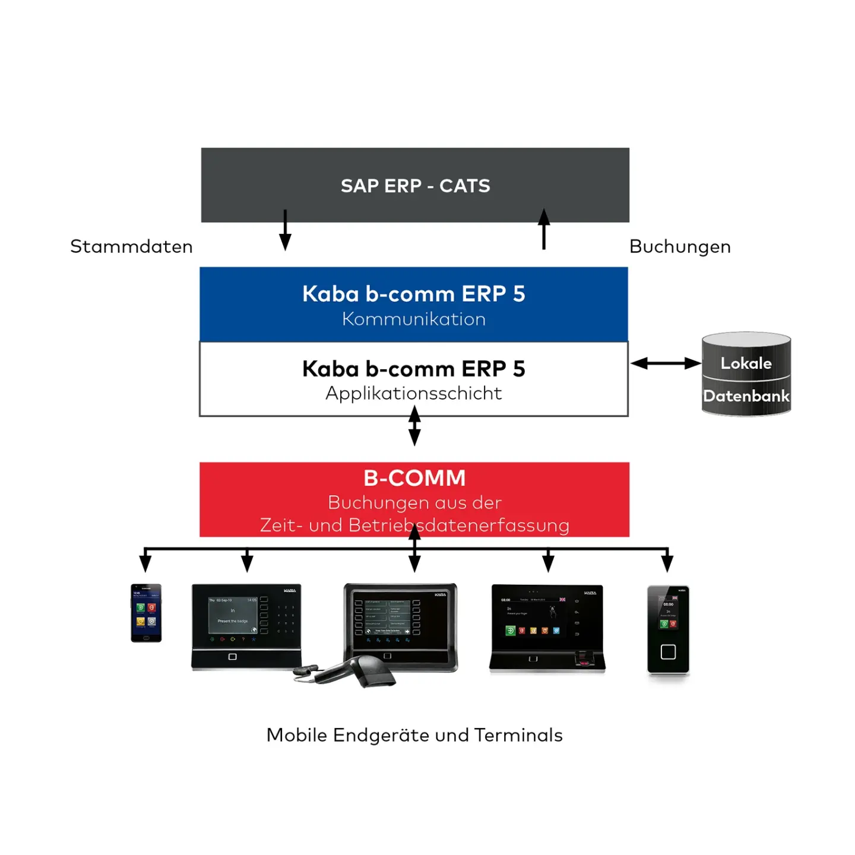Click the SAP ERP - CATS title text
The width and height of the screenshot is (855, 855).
click(x=415, y=186)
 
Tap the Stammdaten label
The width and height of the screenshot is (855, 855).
click(x=131, y=246)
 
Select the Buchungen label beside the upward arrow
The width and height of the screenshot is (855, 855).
click(x=680, y=246)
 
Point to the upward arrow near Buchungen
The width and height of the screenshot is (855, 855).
click(x=543, y=229)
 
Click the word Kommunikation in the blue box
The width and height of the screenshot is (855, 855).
click(x=414, y=319)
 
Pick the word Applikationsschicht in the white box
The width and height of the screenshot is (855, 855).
click(x=414, y=393)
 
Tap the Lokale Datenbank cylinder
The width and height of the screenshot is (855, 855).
click(x=746, y=374)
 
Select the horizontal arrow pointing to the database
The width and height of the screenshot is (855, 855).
click(x=665, y=363)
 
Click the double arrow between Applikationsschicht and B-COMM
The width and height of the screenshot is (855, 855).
click(x=414, y=426)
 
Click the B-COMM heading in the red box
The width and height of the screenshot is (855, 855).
click(x=414, y=478)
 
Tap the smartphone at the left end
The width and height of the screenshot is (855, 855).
click(x=146, y=613)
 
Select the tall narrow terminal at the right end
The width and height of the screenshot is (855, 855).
click(x=668, y=629)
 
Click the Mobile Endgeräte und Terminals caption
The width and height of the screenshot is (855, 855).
click(x=414, y=735)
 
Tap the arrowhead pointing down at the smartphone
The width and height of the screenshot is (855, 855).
click(x=145, y=562)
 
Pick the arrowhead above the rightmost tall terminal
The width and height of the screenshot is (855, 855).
click(x=667, y=562)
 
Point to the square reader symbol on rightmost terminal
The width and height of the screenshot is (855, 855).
click(x=668, y=652)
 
